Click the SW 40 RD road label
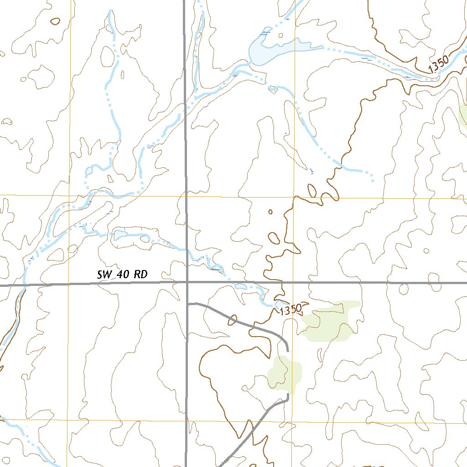pos(122,275)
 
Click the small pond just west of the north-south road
pos(120,235)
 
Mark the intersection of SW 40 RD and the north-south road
pos(187,283)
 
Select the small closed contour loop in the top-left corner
pos(55,21)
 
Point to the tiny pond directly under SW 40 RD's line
pos(240,286)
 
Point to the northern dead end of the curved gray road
pos(287,350)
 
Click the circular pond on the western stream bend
pos(89,171)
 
